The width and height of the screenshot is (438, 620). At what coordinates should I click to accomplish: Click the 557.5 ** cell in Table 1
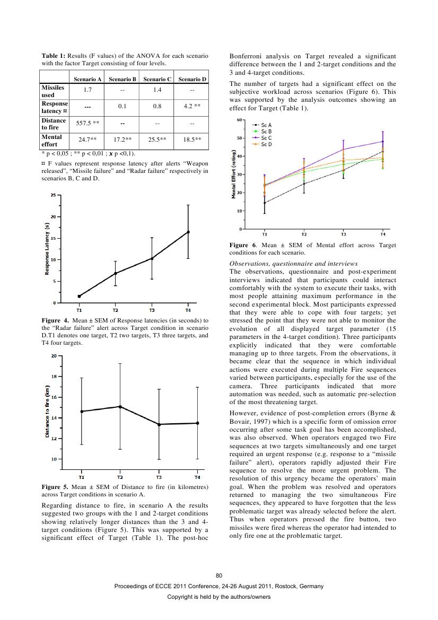(x=87, y=123)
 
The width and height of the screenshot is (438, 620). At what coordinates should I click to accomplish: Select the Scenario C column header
(x=157, y=79)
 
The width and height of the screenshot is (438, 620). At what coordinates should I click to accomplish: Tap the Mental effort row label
(x=52, y=141)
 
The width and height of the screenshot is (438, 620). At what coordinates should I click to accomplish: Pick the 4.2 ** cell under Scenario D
(x=192, y=106)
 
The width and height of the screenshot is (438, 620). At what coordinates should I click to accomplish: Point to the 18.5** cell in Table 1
(x=192, y=139)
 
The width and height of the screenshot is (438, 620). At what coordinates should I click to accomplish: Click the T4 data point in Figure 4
(x=188, y=232)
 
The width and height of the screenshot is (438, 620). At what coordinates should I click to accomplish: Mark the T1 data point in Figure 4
(x=79, y=296)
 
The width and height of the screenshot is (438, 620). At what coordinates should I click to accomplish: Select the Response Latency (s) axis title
(x=47, y=249)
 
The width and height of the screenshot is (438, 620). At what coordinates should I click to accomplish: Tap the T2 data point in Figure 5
(x=120, y=406)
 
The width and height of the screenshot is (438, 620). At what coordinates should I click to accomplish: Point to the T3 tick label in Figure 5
(x=159, y=477)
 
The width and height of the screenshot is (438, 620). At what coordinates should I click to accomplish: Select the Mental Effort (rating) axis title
(x=234, y=174)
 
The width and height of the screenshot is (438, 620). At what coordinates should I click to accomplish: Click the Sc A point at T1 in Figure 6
(x=265, y=203)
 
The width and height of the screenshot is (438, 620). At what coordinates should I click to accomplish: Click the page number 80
(x=219, y=576)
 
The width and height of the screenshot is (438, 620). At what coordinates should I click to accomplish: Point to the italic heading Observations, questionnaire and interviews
(x=293, y=264)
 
